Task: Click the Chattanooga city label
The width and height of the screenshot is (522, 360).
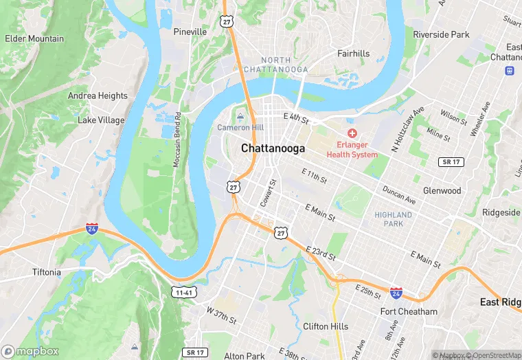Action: (273, 148)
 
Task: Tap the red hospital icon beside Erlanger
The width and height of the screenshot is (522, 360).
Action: (352, 133)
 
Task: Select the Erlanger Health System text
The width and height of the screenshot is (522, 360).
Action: (352, 149)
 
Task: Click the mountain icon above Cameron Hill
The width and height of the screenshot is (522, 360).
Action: (240, 116)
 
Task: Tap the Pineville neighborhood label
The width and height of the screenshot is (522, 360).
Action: (190, 32)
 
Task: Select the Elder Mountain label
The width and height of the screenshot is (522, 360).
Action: (34, 38)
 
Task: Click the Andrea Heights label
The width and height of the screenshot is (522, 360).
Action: (98, 96)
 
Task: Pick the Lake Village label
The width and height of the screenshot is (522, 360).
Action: (101, 120)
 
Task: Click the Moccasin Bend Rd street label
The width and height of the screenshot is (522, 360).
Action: (177, 140)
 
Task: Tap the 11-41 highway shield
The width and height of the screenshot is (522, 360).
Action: (183, 292)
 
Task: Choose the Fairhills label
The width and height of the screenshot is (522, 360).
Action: (353, 53)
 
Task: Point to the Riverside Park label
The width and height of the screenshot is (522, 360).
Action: (441, 34)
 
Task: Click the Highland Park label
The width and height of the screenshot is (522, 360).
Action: (394, 219)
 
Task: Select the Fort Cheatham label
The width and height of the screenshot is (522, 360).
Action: (409, 311)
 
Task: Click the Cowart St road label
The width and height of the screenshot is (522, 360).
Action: (267, 192)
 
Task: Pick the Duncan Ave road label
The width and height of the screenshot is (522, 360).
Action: (399, 196)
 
